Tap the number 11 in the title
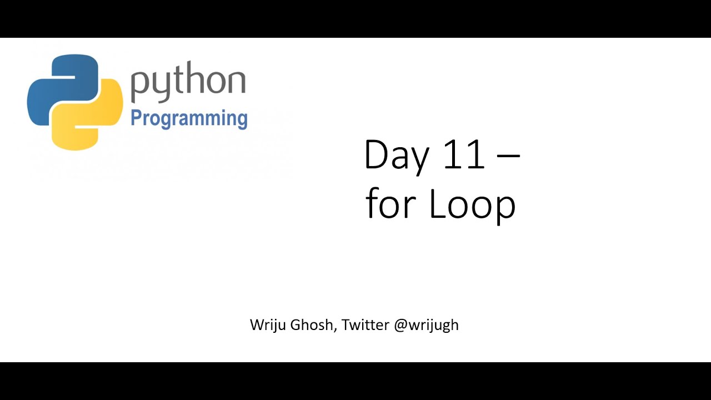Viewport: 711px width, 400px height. click(464, 155)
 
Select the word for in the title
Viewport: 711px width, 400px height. click(391, 203)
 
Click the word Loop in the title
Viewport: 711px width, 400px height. click(472, 204)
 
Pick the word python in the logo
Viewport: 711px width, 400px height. click(188, 83)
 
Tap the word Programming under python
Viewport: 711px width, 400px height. click(189, 118)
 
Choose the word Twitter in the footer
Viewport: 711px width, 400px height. click(365, 324)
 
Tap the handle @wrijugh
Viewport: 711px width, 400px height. click(426, 325)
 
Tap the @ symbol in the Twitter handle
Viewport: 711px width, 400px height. click(400, 325)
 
